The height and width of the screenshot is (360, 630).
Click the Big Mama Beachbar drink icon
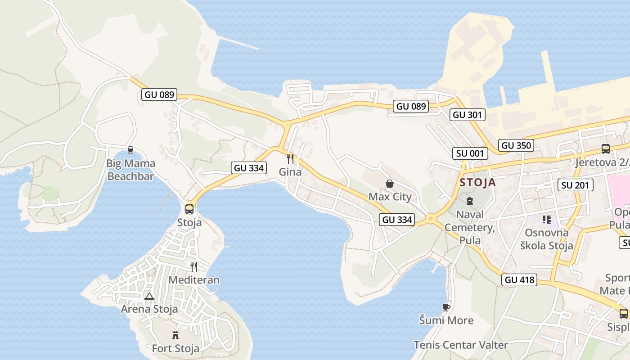coord(130,150)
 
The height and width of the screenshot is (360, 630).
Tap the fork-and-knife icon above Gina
coord(290,158)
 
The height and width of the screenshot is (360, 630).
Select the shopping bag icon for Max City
coord(390,184)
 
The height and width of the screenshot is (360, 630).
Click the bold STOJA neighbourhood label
coord(478,182)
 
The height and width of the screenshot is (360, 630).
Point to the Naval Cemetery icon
coord(470,201)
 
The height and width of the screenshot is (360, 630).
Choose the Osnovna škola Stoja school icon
coord(547,220)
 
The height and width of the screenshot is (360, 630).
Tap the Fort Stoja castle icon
coord(175,335)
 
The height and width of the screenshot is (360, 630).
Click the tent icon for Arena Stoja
coord(149,296)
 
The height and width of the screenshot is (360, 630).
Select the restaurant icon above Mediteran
coord(194,267)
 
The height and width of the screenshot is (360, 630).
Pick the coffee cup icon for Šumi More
coord(446,307)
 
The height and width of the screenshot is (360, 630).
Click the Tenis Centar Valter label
coord(461,345)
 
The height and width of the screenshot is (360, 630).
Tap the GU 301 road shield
coord(467,115)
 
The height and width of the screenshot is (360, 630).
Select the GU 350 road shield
coord(516,145)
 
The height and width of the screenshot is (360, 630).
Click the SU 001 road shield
coord(470,153)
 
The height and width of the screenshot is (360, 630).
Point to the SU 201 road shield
coord(575,185)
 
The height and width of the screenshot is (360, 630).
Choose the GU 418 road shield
coord(519,280)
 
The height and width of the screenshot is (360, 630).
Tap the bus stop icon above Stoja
coord(189,209)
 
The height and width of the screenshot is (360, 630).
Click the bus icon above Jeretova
coord(606,148)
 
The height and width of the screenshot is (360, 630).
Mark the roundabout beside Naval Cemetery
coord(431,219)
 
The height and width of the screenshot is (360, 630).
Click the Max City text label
coord(390,197)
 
